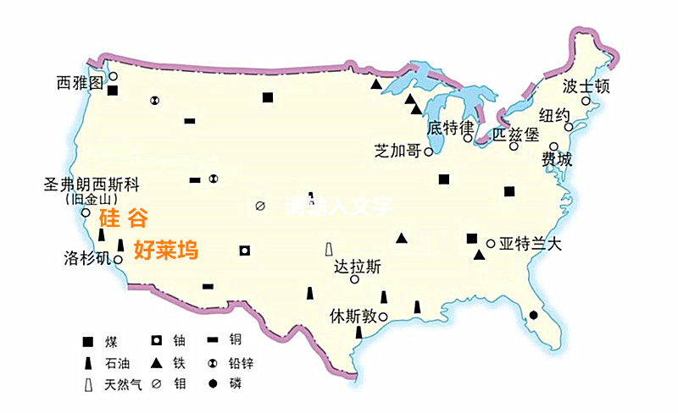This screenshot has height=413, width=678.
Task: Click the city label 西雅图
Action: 80,82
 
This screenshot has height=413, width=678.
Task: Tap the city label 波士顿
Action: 586,86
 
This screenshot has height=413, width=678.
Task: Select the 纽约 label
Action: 555,115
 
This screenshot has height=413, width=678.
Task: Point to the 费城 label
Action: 557,160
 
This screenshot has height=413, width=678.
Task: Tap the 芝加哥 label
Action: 398,151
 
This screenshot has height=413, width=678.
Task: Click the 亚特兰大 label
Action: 531,244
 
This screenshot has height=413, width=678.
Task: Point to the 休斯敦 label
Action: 353,317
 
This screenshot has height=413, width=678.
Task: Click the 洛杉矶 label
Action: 87,257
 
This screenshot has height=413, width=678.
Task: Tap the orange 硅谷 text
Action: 124,218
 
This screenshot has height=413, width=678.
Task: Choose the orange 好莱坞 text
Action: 166,251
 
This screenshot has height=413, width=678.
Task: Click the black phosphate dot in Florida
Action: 533,315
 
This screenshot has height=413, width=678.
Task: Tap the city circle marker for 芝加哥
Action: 429,152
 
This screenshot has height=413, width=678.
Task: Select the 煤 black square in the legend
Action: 87,342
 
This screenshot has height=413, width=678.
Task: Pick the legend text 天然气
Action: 121,386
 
